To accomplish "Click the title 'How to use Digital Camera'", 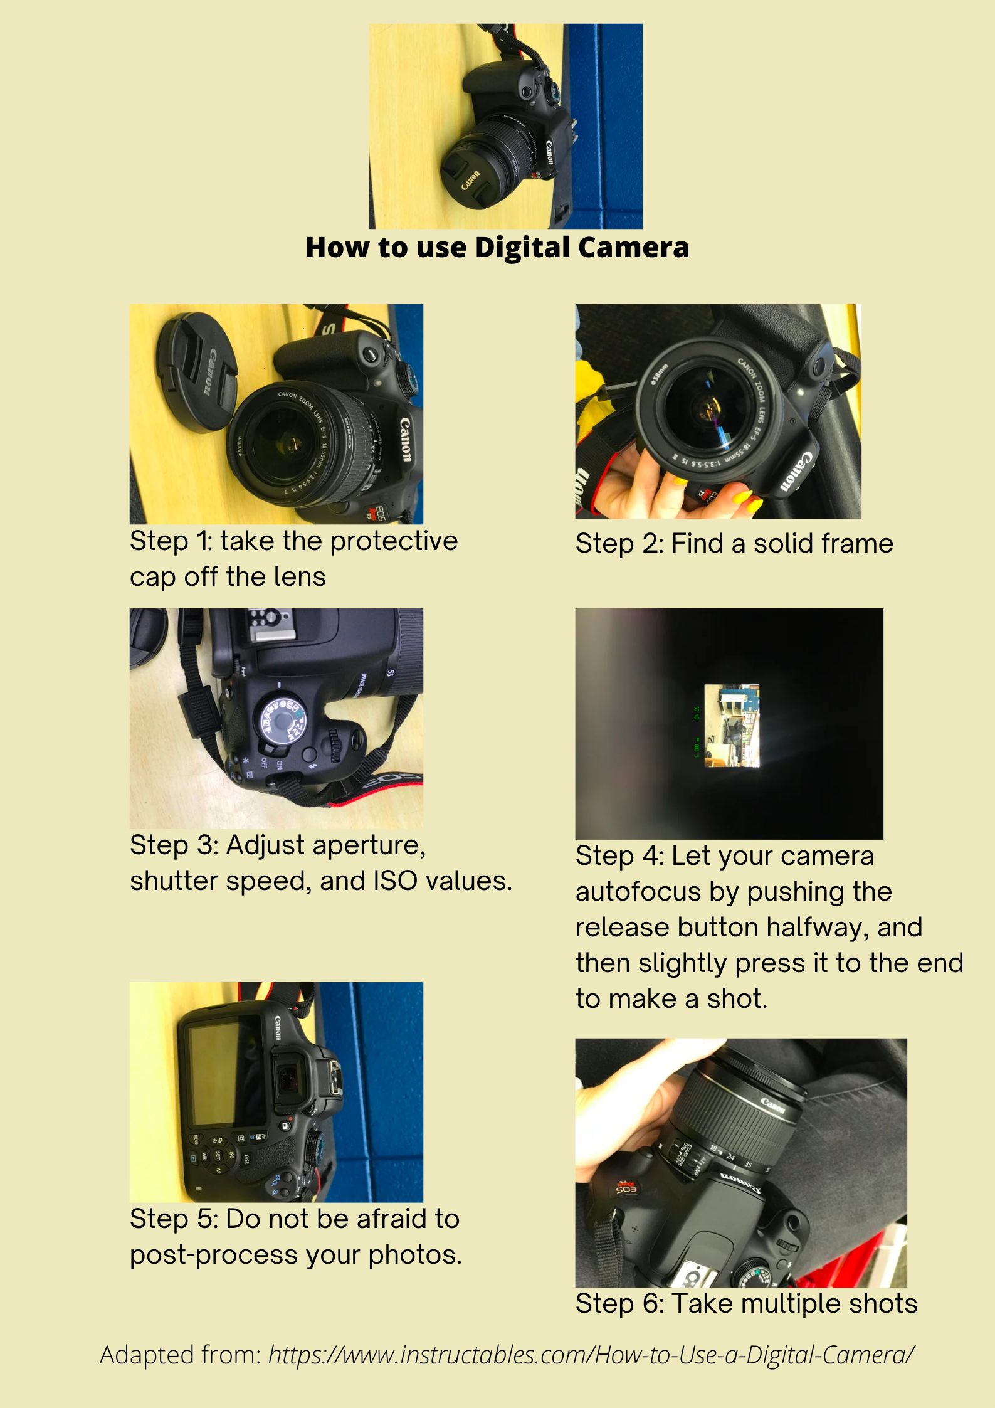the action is coord(497,247).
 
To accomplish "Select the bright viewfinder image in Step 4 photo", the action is coord(732,726).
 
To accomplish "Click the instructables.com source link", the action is coord(591,1355).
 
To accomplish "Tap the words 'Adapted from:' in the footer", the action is coord(181,1355).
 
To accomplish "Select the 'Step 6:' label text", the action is coord(619,1305).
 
